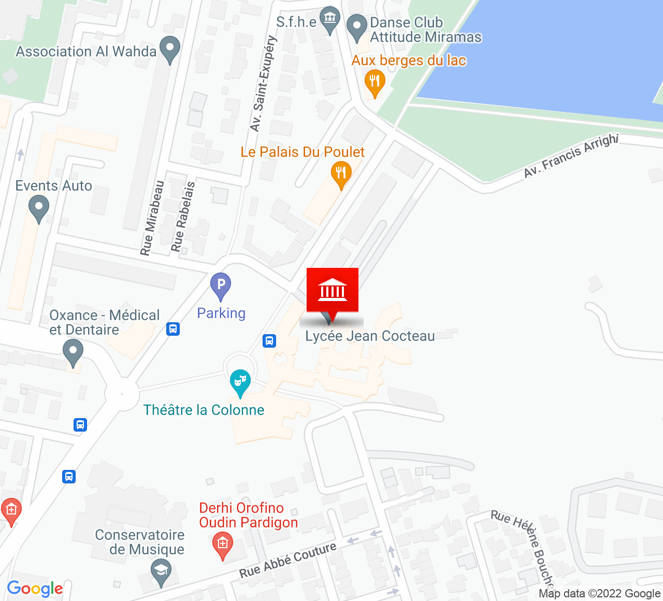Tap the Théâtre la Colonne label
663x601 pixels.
[x=204, y=410]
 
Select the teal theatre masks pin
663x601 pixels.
[x=240, y=382]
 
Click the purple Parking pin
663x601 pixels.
[x=221, y=286]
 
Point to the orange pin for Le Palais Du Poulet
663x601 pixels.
[x=341, y=174]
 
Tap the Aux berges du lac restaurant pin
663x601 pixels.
[x=374, y=82]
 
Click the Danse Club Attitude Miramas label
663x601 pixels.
[x=425, y=30]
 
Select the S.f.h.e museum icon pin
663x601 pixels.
[x=329, y=20]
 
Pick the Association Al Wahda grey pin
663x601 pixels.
[x=170, y=49]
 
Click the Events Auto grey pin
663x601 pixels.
[x=39, y=208]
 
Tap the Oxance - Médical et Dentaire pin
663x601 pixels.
[x=73, y=352]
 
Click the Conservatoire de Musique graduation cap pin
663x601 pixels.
[x=161, y=572]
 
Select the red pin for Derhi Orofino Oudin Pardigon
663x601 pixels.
[x=223, y=546]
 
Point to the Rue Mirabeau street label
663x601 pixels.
[x=152, y=218]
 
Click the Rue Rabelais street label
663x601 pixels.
[x=183, y=217]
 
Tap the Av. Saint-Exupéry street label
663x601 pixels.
[x=263, y=83]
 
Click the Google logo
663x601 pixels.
[x=35, y=589]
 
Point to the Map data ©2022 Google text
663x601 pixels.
[x=599, y=594]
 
